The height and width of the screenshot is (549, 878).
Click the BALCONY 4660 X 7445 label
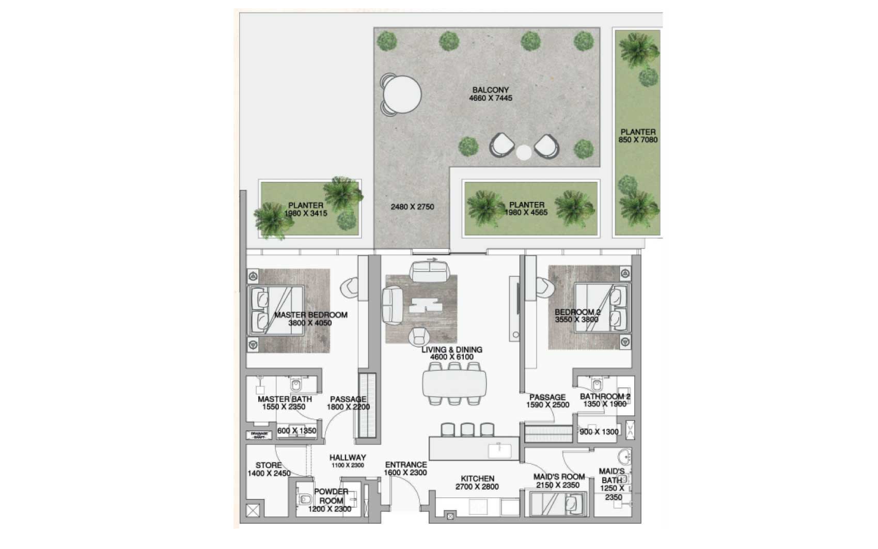[490, 94]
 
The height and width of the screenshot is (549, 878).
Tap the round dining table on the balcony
[402, 95]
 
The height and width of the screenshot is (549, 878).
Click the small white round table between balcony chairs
[524, 152]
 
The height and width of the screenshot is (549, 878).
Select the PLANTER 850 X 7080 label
[638, 136]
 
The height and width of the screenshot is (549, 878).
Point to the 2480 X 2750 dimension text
[412, 207]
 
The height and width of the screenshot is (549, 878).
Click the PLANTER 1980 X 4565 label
[526, 209]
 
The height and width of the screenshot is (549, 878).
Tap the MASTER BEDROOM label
[310, 319]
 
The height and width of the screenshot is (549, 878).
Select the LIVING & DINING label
[452, 353]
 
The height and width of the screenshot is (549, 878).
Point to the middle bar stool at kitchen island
[467, 429]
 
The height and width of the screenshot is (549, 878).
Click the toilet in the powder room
[304, 499]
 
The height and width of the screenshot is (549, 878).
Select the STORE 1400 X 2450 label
[269, 469]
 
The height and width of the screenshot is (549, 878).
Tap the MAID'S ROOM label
[559, 481]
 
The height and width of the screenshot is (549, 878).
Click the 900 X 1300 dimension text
[599, 432]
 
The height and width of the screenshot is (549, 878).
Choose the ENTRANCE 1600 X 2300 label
[406, 468]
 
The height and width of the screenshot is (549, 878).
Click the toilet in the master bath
[296, 385]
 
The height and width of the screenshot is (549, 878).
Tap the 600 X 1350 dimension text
[296, 431]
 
